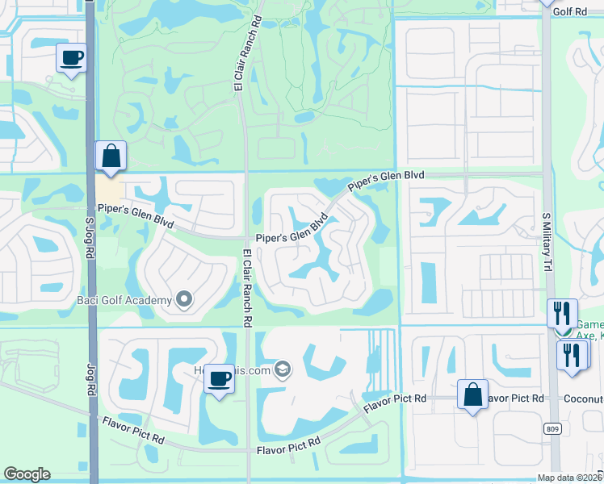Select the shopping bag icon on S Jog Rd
pos(111,156)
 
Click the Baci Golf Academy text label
pos(124,301)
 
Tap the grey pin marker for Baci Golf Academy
pos(184,301)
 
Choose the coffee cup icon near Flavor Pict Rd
pos(218,378)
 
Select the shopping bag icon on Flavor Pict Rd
pos(472,395)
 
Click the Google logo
pos(27,474)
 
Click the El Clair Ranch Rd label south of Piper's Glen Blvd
pos(247,287)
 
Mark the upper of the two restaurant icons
pos(562,313)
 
